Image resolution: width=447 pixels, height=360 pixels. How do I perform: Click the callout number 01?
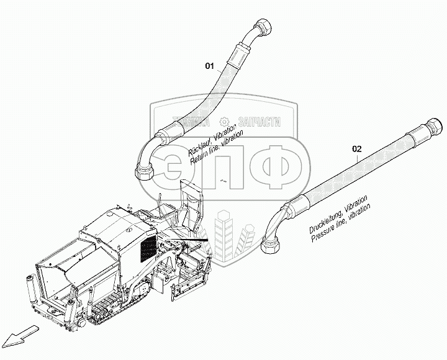click(210, 65)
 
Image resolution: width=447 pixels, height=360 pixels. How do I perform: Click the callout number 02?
click(356, 149)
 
